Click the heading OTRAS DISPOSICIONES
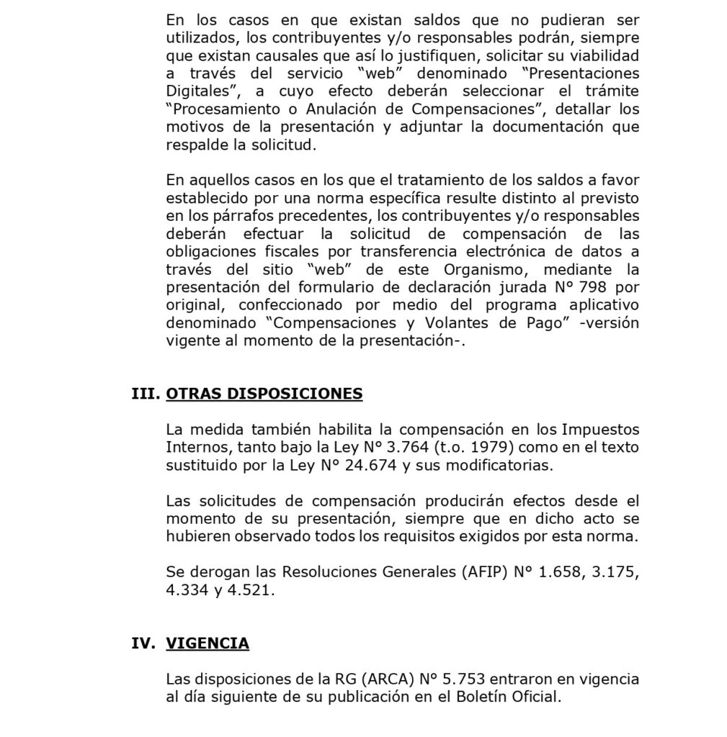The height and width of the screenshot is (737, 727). click(x=264, y=394)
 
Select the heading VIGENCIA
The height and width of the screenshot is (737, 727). click(x=208, y=643)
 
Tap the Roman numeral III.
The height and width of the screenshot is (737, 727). click(x=144, y=394)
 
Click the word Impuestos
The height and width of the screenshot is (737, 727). click(x=600, y=430)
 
